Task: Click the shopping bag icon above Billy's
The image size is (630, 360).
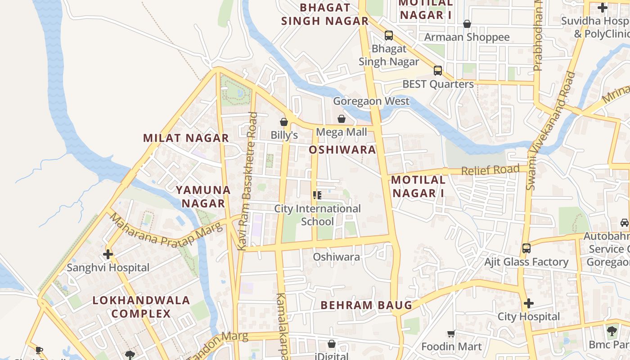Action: click(x=284, y=122)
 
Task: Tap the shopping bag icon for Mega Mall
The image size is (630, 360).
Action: click(x=342, y=119)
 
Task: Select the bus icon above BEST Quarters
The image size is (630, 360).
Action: click(x=438, y=70)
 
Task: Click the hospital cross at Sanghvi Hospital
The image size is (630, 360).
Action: click(x=108, y=254)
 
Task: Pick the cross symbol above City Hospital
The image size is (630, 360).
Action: click(x=529, y=303)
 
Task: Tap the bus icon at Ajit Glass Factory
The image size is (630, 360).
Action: click(x=526, y=248)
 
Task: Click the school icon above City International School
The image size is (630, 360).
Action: click(x=317, y=195)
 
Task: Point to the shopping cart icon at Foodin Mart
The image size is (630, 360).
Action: click(x=451, y=333)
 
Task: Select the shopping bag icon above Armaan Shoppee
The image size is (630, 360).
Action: click(x=467, y=23)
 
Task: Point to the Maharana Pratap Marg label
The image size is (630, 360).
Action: click(x=166, y=230)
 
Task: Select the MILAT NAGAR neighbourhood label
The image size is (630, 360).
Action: click(x=186, y=138)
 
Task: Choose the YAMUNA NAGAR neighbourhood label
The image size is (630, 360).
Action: click(x=203, y=197)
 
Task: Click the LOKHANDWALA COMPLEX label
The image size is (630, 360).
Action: click(x=141, y=307)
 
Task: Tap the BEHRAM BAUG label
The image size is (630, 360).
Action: click(x=366, y=305)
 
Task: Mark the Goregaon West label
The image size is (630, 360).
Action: click(x=371, y=101)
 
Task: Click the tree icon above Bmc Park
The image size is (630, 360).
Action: click(x=612, y=331)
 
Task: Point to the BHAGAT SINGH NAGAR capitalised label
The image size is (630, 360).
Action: click(x=325, y=14)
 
